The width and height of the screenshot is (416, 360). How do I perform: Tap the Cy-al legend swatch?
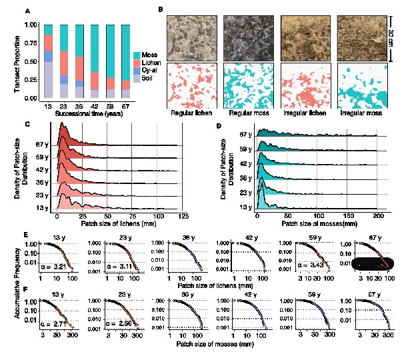[x=137, y=71]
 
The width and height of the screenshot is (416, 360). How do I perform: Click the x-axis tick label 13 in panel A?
[x=48, y=105]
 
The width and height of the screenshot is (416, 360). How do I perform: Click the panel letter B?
[x=160, y=10]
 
